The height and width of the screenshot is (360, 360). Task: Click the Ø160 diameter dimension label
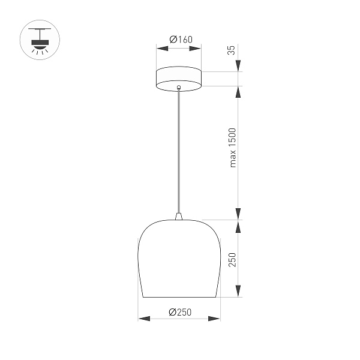tap(178, 40)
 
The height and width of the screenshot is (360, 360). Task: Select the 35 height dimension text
tap(232, 50)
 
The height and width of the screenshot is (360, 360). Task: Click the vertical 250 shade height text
tap(233, 259)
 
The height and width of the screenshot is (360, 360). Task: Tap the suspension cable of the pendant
tap(178, 150)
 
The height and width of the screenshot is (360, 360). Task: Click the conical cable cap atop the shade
tap(179, 216)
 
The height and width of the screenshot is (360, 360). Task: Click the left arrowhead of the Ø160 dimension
tap(159, 47)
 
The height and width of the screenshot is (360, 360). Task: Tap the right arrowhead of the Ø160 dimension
tap(198, 47)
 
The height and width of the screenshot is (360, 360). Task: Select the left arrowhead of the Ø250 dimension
tap(142, 319)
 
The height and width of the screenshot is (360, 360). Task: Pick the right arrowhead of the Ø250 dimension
tap(217, 319)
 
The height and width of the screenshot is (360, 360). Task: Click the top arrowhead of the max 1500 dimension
tap(239, 91)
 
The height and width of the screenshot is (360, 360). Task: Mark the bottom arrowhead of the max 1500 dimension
tap(239, 214)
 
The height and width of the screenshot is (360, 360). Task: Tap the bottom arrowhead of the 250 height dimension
tap(239, 292)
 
